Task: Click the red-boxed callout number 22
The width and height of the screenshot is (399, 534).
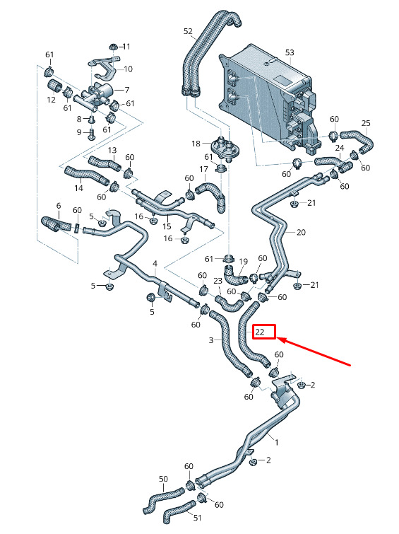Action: click(260, 332)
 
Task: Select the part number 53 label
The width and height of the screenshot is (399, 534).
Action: click(290, 53)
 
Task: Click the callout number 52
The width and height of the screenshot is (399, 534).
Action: click(188, 31)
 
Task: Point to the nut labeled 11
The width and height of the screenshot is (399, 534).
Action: click(112, 47)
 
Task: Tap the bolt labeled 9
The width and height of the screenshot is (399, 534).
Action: click(91, 134)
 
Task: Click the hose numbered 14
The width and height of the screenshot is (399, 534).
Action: click(86, 175)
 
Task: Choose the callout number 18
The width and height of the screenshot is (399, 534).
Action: click(196, 144)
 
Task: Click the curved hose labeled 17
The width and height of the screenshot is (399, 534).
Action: click(212, 196)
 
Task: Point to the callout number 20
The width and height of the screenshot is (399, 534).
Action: click(301, 233)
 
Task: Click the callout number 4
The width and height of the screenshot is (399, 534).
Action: click(155, 264)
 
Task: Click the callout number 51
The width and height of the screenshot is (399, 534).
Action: click(197, 518)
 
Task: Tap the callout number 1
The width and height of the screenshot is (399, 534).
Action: click(277, 442)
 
